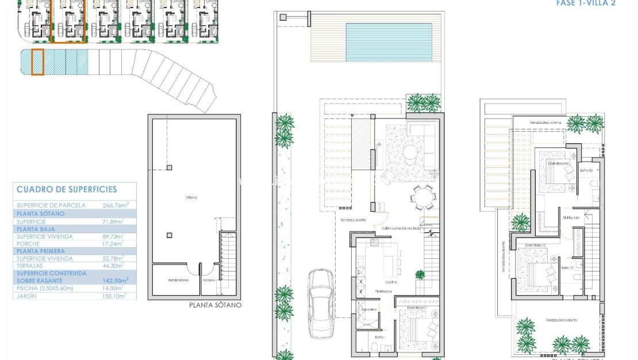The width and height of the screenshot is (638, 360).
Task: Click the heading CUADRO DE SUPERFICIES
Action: tap(67, 189)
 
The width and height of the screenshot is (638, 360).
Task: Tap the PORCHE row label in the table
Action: tap(29, 243)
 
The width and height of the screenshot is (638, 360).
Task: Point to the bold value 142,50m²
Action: tap(115, 281)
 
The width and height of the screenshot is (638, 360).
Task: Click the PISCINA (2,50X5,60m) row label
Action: tap(45, 288)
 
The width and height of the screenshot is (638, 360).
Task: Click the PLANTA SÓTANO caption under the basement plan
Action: tap(216, 305)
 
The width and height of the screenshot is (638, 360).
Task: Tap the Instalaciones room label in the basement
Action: tap(179, 280)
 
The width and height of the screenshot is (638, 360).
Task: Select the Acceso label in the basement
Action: tap(208, 280)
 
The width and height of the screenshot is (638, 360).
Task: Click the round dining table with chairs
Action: tap(423, 198)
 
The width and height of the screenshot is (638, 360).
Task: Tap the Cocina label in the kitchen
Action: tap(391, 282)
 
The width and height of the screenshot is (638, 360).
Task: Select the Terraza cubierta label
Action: tap(348, 220)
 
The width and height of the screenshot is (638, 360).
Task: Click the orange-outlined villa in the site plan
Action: tap(68, 21)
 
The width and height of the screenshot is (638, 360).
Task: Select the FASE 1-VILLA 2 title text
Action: tap(586, 3)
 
